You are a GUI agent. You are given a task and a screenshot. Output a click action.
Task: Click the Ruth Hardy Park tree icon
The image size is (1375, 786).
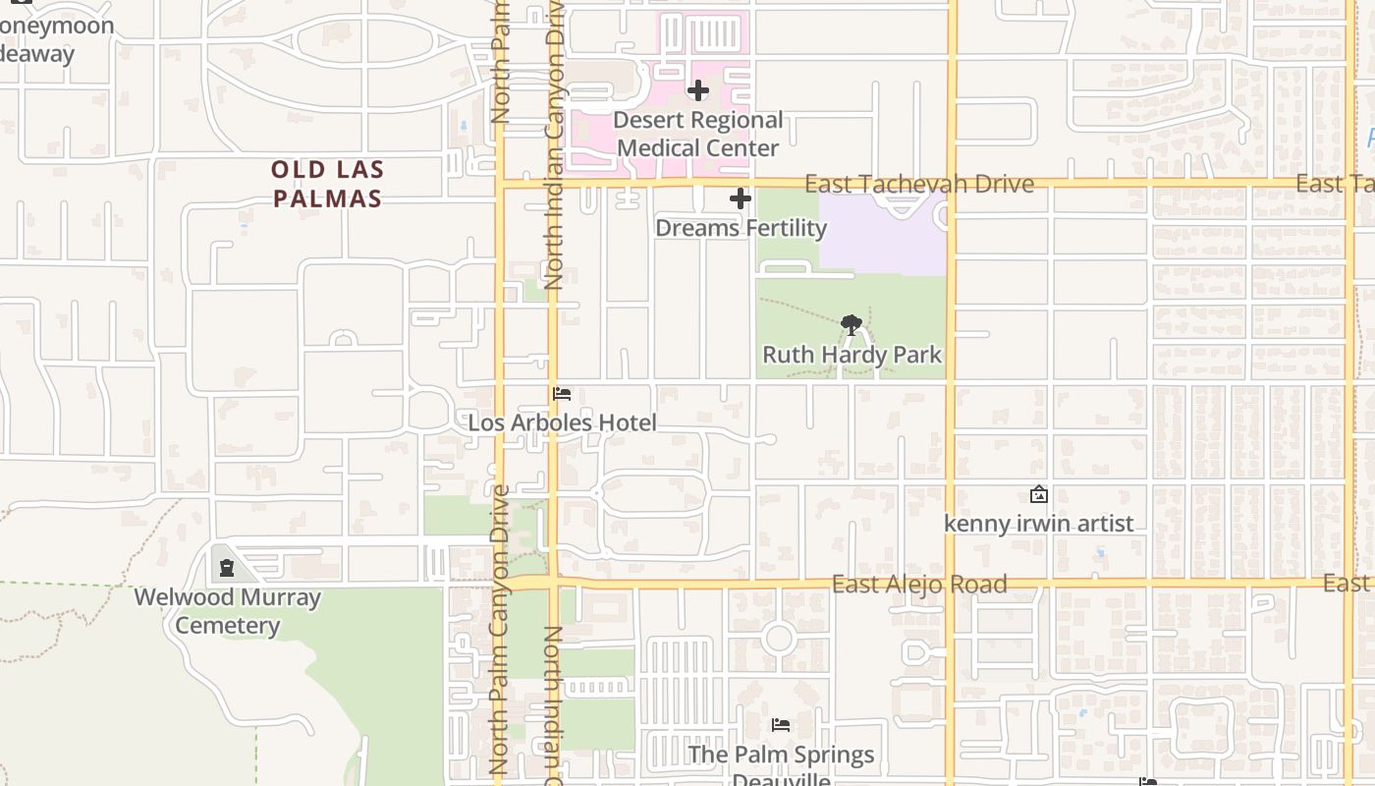click(x=852, y=324)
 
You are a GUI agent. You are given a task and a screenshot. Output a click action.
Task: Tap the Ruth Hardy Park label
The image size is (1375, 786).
click(x=852, y=355)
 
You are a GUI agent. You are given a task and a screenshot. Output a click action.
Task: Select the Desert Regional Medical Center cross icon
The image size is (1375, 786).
click(x=698, y=91)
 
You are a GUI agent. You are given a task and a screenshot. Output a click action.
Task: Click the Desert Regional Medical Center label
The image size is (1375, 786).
click(x=698, y=135)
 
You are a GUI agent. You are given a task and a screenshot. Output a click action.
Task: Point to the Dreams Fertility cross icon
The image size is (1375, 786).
click(x=741, y=199)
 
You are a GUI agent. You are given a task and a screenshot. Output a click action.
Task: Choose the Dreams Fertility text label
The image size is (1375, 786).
click(x=741, y=228)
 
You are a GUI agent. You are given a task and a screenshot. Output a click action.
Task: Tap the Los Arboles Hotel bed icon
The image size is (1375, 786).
click(x=562, y=394)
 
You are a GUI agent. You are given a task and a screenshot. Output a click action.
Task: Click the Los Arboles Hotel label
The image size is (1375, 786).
click(x=562, y=423)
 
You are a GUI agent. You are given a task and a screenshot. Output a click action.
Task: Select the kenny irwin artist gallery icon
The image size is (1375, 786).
click(x=1038, y=494)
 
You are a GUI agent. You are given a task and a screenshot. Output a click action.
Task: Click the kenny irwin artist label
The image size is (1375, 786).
click(x=1038, y=524)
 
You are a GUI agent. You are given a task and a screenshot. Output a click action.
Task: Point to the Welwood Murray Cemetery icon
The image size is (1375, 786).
click(x=227, y=568)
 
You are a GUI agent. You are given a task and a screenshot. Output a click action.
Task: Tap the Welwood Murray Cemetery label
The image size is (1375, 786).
click(x=227, y=611)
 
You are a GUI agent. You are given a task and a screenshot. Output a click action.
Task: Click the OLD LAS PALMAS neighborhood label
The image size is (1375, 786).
click(x=327, y=184)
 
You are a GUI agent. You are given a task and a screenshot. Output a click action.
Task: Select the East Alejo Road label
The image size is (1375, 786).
click(x=919, y=585)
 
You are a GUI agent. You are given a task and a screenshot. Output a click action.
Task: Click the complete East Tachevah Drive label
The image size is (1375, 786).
click(x=919, y=184)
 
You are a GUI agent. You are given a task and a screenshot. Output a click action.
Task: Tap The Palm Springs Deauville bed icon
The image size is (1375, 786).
click(x=781, y=725)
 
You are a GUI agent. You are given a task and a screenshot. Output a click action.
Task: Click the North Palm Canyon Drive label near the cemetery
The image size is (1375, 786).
click(x=499, y=629)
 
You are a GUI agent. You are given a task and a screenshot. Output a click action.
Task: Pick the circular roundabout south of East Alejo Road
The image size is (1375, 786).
click(x=779, y=638)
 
